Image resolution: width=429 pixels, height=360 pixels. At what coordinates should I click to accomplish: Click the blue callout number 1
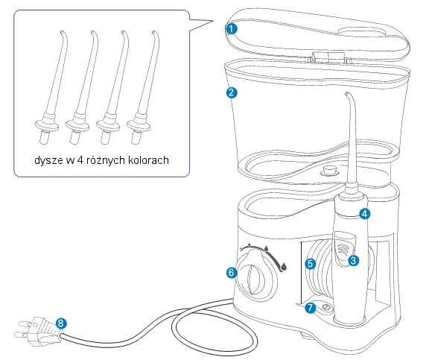click(232, 29)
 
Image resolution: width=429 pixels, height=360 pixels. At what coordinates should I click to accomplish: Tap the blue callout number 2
click(232, 92)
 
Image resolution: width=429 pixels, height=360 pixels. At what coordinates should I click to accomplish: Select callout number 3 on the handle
click(353, 260)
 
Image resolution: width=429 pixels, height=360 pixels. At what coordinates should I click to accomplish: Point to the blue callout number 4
click(364, 214)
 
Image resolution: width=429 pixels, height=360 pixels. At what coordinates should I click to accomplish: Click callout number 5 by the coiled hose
click(311, 264)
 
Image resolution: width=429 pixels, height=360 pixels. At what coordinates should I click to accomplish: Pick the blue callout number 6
click(232, 272)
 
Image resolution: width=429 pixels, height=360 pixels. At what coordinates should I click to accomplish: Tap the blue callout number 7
click(310, 307)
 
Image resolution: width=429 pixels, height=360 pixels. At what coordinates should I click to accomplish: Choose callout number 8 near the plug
click(61, 323)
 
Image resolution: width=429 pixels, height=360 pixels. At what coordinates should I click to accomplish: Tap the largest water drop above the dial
click(284, 266)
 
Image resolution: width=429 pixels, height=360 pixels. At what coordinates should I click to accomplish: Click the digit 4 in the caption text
click(80, 160)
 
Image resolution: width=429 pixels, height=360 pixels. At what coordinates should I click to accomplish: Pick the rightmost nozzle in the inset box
click(142, 87)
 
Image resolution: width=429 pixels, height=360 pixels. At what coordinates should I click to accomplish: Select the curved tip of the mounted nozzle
click(349, 96)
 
